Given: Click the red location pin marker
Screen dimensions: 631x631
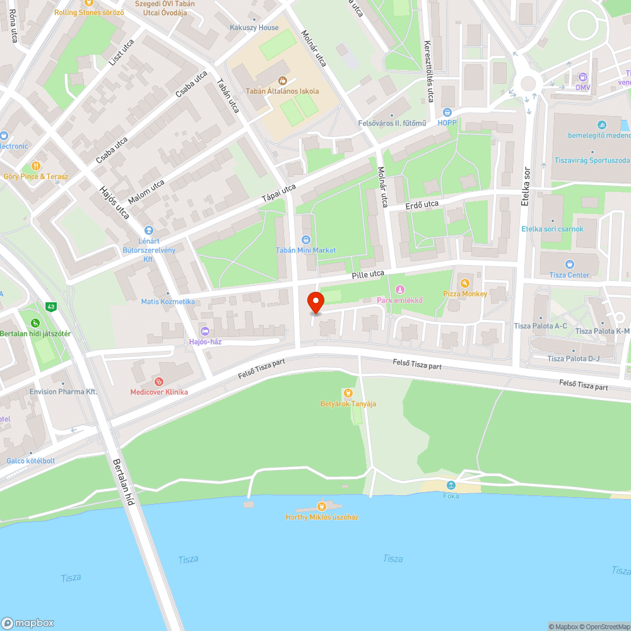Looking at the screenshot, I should click(315, 302).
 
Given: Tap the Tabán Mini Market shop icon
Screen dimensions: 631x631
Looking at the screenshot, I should click(306, 239).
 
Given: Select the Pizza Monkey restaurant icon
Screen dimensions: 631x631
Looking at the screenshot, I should click(465, 283).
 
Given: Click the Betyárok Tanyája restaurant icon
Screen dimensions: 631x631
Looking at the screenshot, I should click(347, 393).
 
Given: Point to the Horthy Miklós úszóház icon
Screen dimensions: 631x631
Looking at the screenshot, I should click(321, 506).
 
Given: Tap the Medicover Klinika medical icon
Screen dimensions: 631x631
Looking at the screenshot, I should click(159, 381).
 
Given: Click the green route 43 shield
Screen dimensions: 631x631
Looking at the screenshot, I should click(51, 307).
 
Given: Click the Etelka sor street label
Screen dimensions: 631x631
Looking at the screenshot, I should click(526, 187).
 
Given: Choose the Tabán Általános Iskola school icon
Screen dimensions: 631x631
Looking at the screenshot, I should click(282, 80).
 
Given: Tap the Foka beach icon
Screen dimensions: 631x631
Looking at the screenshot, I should click(451, 485).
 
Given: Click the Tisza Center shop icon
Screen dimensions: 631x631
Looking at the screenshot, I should click(570, 264).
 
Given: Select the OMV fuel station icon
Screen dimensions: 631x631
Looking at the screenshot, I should click(582, 76).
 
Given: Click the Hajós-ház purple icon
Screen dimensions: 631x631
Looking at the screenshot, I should click(204, 331).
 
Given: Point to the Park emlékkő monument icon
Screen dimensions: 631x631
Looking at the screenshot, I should click(399, 290).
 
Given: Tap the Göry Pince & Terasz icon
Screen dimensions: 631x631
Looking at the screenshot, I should click(35, 166).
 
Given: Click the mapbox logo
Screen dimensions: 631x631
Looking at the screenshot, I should click(28, 623).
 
